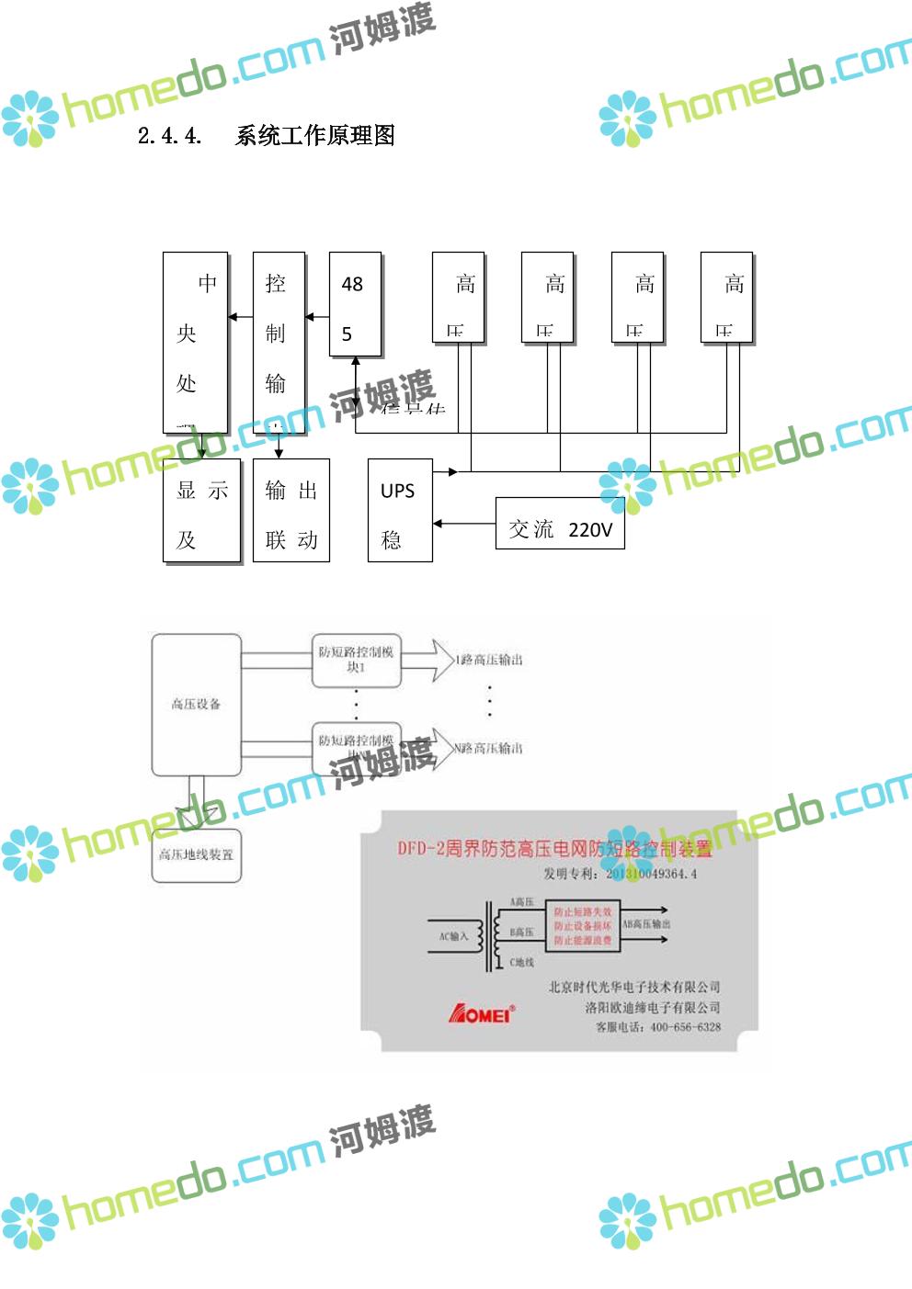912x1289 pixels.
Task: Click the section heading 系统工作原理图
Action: tap(314, 136)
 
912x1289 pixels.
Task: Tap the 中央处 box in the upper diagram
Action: tap(195, 342)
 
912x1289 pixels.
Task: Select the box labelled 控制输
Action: tap(278, 342)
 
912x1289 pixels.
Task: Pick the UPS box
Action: tap(399, 510)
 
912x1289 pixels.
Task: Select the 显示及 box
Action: tap(201, 510)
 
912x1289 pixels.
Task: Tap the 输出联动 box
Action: tap(291, 510)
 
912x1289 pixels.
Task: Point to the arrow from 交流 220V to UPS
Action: tap(463, 524)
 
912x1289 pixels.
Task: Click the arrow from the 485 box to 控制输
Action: tap(317, 317)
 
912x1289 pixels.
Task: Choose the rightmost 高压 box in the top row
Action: tap(726, 298)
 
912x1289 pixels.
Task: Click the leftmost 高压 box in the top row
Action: tap(458, 298)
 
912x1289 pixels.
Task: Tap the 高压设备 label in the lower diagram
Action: tap(196, 704)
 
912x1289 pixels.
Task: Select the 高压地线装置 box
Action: tap(196, 855)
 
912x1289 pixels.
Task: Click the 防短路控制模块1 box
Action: tap(356, 660)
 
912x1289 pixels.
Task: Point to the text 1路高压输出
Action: tap(490, 660)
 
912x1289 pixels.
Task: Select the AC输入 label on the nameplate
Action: tap(453, 936)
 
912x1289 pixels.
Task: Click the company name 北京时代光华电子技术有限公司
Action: tap(634, 987)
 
